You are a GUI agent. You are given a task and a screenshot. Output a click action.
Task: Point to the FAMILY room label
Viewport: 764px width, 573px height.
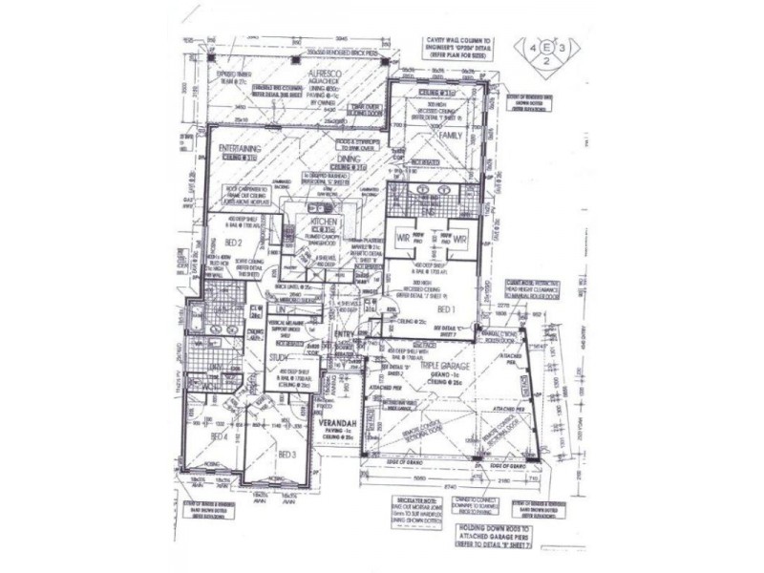tap(450, 136)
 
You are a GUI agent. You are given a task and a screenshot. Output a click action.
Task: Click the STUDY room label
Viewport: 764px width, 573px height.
tap(279, 358)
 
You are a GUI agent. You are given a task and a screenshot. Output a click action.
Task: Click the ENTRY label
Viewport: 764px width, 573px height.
tap(344, 333)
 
